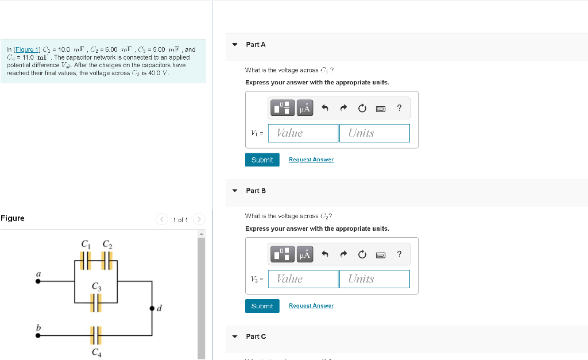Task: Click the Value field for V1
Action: click(304, 133)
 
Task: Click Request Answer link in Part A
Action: click(311, 160)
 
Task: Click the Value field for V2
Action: click(304, 279)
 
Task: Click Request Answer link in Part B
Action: click(311, 306)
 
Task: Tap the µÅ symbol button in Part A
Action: click(305, 108)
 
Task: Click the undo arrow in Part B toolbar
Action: click(324, 254)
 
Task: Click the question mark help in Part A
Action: click(399, 108)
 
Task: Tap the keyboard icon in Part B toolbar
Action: click(380, 254)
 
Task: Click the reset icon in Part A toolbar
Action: click(362, 108)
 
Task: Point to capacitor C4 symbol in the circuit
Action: click(96, 335)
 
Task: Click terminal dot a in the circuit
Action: click(38, 282)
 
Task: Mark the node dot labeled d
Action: click(152, 308)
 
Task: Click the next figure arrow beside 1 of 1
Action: click(199, 219)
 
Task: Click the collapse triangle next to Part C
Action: click(234, 336)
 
